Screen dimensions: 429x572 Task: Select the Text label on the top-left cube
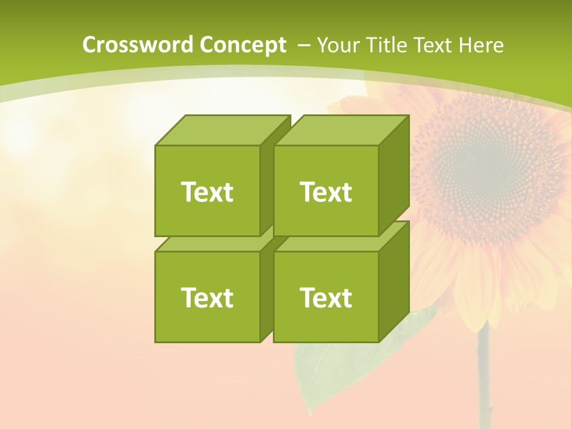207,192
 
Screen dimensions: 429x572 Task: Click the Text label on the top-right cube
325,192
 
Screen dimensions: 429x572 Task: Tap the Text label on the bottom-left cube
207,297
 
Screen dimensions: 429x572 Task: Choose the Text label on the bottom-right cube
325,297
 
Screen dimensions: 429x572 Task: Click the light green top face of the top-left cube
222,130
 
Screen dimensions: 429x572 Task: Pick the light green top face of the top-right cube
341,130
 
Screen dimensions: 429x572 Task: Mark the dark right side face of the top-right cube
394,173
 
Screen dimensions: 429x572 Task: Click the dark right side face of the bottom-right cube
394,280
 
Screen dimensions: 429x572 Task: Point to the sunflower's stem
484,381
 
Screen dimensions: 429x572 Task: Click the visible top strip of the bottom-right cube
334,244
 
